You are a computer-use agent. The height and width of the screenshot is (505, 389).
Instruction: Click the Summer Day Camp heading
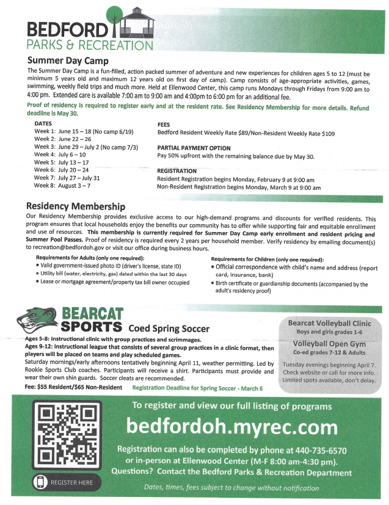[68, 61]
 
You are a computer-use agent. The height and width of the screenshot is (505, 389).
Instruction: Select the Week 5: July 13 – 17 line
[61, 162]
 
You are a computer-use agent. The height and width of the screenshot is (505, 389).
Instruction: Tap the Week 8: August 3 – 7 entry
[62, 185]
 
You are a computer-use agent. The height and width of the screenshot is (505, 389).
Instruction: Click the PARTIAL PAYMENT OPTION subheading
[194, 148]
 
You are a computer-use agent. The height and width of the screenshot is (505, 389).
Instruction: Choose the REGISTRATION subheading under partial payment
[176, 171]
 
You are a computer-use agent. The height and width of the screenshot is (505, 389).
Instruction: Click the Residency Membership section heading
[76, 208]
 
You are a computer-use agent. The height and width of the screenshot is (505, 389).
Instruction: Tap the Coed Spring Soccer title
[169, 329]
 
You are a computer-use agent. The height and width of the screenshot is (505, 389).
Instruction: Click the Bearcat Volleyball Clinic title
[329, 323]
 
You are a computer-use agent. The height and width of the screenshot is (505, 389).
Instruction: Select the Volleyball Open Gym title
[329, 343]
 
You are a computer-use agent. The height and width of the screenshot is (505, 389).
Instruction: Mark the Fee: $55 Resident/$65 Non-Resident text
[73, 387]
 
